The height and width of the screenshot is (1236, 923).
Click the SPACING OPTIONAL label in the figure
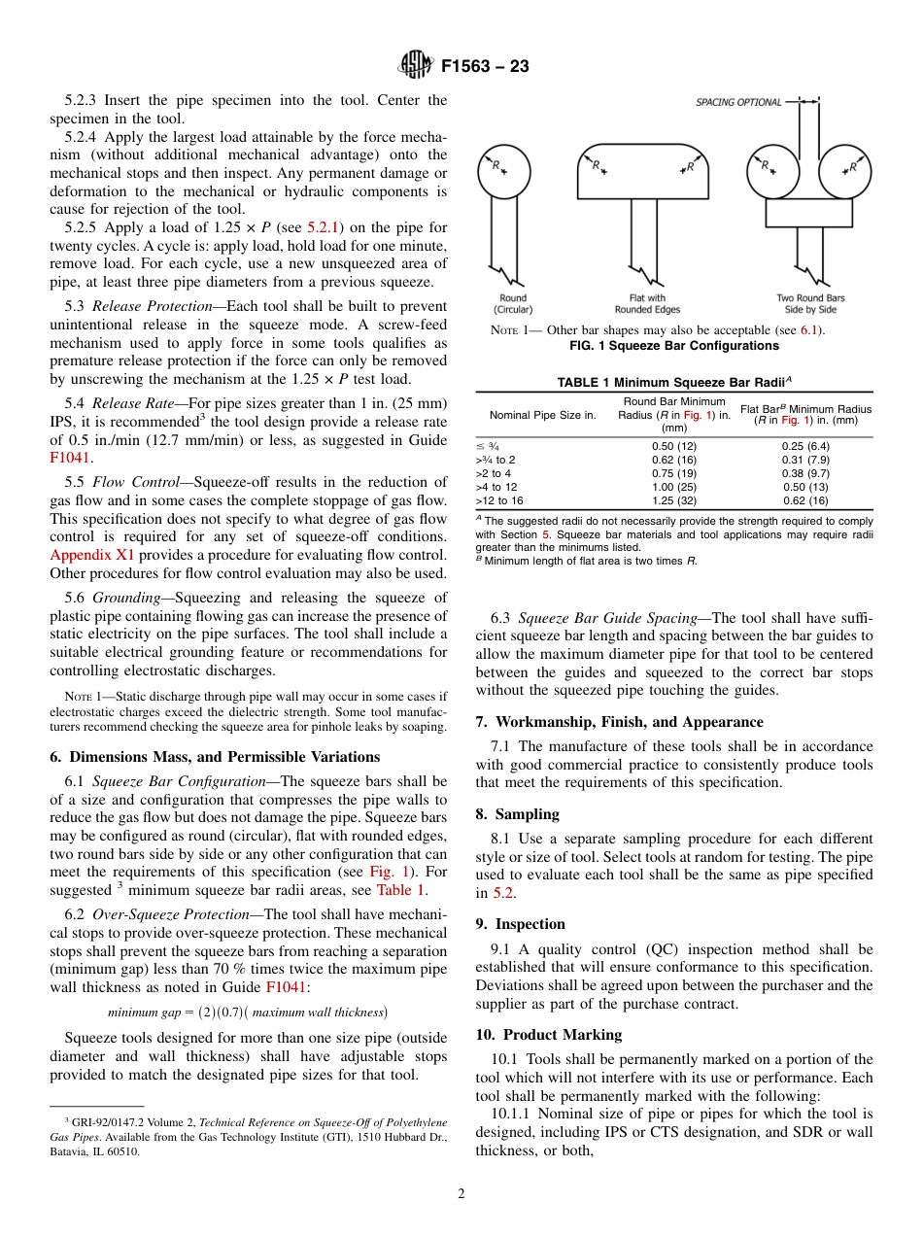pos(738,102)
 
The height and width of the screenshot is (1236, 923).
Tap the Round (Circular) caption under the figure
pos(513,303)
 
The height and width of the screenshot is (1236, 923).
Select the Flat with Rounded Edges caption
pos(640,303)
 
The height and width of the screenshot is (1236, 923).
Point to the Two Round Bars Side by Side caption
pos(810,303)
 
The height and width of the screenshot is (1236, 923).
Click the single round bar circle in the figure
pos(503,171)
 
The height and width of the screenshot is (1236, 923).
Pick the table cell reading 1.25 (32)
pos(674,500)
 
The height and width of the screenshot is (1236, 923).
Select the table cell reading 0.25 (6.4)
pos(805,446)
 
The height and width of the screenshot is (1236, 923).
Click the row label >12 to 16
pos(499,500)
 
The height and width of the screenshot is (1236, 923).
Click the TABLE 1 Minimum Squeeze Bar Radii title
pos(674,382)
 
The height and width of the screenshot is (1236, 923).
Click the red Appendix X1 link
pos(92,555)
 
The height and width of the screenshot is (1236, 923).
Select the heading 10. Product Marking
pos(548,1035)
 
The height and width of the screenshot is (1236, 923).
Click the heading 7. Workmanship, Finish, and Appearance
pos(619,722)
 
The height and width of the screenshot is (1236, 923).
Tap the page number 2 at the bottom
pos(461,1194)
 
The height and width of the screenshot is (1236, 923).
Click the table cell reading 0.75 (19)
pos(674,473)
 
